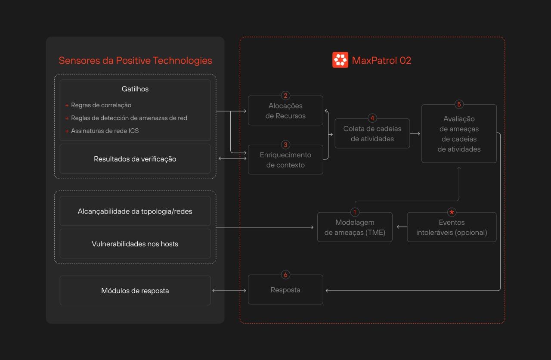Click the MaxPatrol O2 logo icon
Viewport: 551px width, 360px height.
(x=340, y=60)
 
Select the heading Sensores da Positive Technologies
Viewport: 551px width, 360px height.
(x=135, y=61)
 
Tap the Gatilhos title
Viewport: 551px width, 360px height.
(x=135, y=89)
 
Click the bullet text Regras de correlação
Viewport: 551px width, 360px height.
(x=101, y=105)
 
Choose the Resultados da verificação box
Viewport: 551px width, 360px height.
(x=135, y=159)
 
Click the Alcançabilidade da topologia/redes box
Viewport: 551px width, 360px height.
(x=135, y=211)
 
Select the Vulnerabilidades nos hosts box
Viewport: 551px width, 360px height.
(x=135, y=244)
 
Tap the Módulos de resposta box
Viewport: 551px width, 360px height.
(x=135, y=291)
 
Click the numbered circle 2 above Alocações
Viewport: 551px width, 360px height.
(x=285, y=96)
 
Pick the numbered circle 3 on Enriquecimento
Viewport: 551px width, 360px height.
(x=285, y=145)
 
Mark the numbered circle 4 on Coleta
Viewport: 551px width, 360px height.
(x=372, y=118)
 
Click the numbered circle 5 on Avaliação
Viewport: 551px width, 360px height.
(x=459, y=104)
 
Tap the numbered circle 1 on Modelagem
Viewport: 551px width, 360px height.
(x=355, y=212)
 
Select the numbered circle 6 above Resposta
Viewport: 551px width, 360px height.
(x=285, y=275)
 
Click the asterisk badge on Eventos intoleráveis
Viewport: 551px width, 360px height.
(x=452, y=212)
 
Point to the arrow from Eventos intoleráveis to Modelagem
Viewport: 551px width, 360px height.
(x=402, y=227)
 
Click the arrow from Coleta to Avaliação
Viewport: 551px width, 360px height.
(x=415, y=133)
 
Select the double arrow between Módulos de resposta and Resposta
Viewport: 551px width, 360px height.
(x=229, y=291)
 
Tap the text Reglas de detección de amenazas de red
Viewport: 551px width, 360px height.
(x=129, y=118)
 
